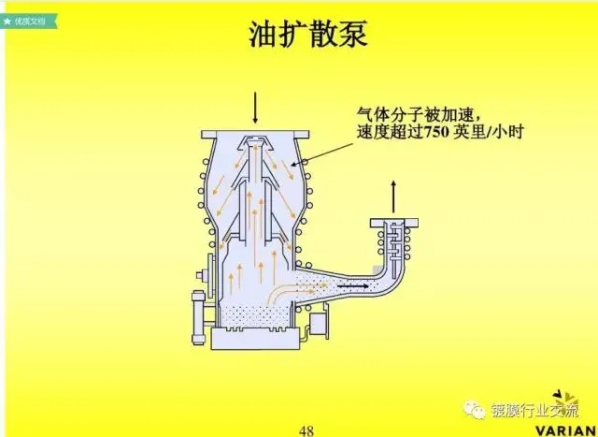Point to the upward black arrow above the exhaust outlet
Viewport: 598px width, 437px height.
pyautogui.click(x=393, y=196)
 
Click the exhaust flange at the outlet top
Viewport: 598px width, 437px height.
pyautogui.click(x=393, y=221)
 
